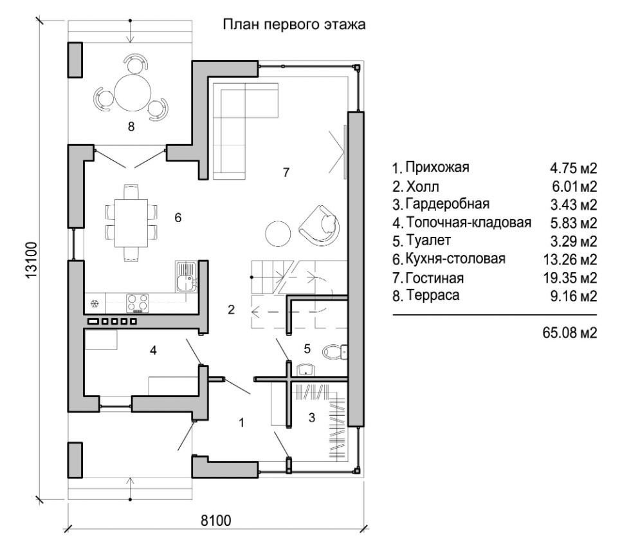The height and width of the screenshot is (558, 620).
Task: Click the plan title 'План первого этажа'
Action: pyautogui.click(x=294, y=24)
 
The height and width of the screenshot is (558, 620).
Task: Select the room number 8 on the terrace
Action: pyautogui.click(x=131, y=127)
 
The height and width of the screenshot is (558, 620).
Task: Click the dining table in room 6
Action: pyautogui.click(x=131, y=223)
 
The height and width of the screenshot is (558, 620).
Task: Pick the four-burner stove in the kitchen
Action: pyautogui.click(x=138, y=303)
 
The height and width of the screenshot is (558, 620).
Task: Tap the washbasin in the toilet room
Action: pyautogui.click(x=305, y=369)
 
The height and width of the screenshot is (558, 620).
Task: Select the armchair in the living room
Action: pyautogui.click(x=320, y=223)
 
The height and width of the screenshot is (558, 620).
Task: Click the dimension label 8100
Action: pyautogui.click(x=215, y=520)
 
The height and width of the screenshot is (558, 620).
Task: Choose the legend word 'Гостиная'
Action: pyautogui.click(x=435, y=278)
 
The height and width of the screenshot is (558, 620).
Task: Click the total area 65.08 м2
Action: pyautogui.click(x=570, y=333)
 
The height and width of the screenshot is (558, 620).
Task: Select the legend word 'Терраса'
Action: pyautogui.click(x=433, y=295)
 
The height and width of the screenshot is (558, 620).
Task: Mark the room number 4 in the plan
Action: pyautogui.click(x=154, y=350)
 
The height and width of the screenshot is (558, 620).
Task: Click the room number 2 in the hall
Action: pyautogui.click(x=232, y=310)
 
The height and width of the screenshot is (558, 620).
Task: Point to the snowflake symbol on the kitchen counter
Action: pyautogui.click(x=95, y=304)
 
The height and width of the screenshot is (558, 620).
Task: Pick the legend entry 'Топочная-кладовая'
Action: pyautogui.click(x=469, y=223)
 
